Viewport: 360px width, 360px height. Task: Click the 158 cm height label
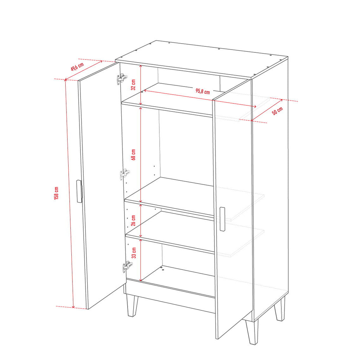coord(56,193)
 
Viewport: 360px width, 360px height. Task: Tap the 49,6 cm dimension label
coord(77,66)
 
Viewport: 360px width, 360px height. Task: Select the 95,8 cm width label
coord(203,91)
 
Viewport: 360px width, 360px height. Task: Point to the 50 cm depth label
coord(277,111)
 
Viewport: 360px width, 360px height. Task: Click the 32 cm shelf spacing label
coord(133,84)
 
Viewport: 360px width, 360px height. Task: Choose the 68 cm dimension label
coord(133,155)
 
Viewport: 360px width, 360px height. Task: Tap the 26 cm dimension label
coord(133,220)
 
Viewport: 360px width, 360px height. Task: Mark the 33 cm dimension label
coord(134,253)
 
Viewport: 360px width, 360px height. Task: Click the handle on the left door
coord(79,191)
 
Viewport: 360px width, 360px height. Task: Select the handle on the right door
coord(222,219)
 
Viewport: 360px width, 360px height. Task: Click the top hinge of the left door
coord(122,78)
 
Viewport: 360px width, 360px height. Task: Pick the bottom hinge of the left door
coord(127,266)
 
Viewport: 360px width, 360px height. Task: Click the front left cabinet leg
coord(133,306)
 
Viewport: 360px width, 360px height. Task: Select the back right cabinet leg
coord(280,309)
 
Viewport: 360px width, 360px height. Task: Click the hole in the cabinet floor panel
coord(163,270)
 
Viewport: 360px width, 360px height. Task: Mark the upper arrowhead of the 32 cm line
coord(141,66)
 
